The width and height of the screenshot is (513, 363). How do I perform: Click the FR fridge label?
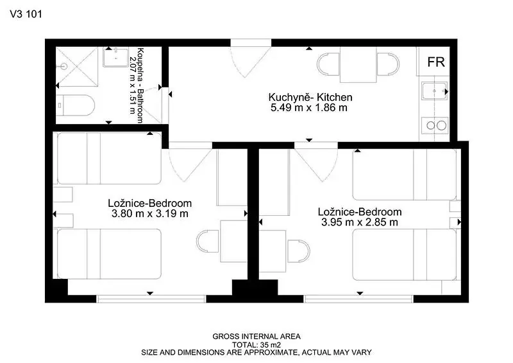pos(436,62)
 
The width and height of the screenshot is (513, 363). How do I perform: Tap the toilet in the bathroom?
pos(75,105)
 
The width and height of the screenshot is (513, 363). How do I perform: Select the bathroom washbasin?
pos(116,57)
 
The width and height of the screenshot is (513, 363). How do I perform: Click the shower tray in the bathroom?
pos(77,67)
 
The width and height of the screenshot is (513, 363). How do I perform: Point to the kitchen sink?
pos(435,91)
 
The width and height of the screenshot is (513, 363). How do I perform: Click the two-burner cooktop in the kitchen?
pos(435,125)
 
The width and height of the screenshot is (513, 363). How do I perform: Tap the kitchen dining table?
pos(358,65)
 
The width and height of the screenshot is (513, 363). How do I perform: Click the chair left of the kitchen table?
pos(328,64)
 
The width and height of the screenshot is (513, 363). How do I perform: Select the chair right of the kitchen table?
pos(388,64)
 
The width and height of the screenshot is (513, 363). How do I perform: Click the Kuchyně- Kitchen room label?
pos(310,97)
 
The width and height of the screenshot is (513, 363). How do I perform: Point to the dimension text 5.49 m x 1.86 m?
pos(309,107)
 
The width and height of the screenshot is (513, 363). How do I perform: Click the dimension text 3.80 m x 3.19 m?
pos(150,214)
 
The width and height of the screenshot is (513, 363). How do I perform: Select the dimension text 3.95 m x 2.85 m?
pos(360,222)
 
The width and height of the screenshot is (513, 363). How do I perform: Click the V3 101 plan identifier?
pos(26,14)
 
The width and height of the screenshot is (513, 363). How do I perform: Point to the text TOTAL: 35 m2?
pos(256,345)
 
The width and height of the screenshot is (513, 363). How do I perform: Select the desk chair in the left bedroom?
pos(208,241)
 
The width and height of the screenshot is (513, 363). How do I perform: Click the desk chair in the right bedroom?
pos(298,251)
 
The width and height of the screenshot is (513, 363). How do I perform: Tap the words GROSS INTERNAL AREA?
pos(256,337)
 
